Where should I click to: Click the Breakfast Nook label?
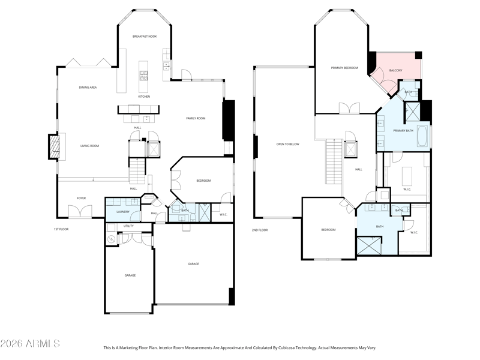pyautogui.click(x=145, y=37)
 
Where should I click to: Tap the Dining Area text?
pyautogui.click(x=88, y=88)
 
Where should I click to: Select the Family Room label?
pyautogui.click(x=196, y=118)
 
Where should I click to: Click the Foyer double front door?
pyautogui.click(x=80, y=212)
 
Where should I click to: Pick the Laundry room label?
pyautogui.click(x=123, y=212)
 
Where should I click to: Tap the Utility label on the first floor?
pyautogui.click(x=128, y=226)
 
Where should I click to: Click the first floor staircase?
pyautogui.click(x=137, y=170)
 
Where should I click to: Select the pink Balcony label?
pyautogui.click(x=395, y=70)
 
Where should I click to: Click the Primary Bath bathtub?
pyautogui.click(x=422, y=136)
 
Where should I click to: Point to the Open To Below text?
pyautogui.click(x=288, y=144)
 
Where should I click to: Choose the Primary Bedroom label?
pyautogui.click(x=344, y=68)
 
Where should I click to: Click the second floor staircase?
pyautogui.click(x=334, y=161)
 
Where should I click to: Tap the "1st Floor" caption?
pyautogui.click(x=61, y=229)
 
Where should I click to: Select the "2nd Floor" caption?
pyautogui.click(x=260, y=230)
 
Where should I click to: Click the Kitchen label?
pyautogui.click(x=144, y=97)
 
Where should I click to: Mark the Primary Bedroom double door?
pyautogui.click(x=349, y=109)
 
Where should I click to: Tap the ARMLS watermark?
pyautogui.click(x=30, y=343)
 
